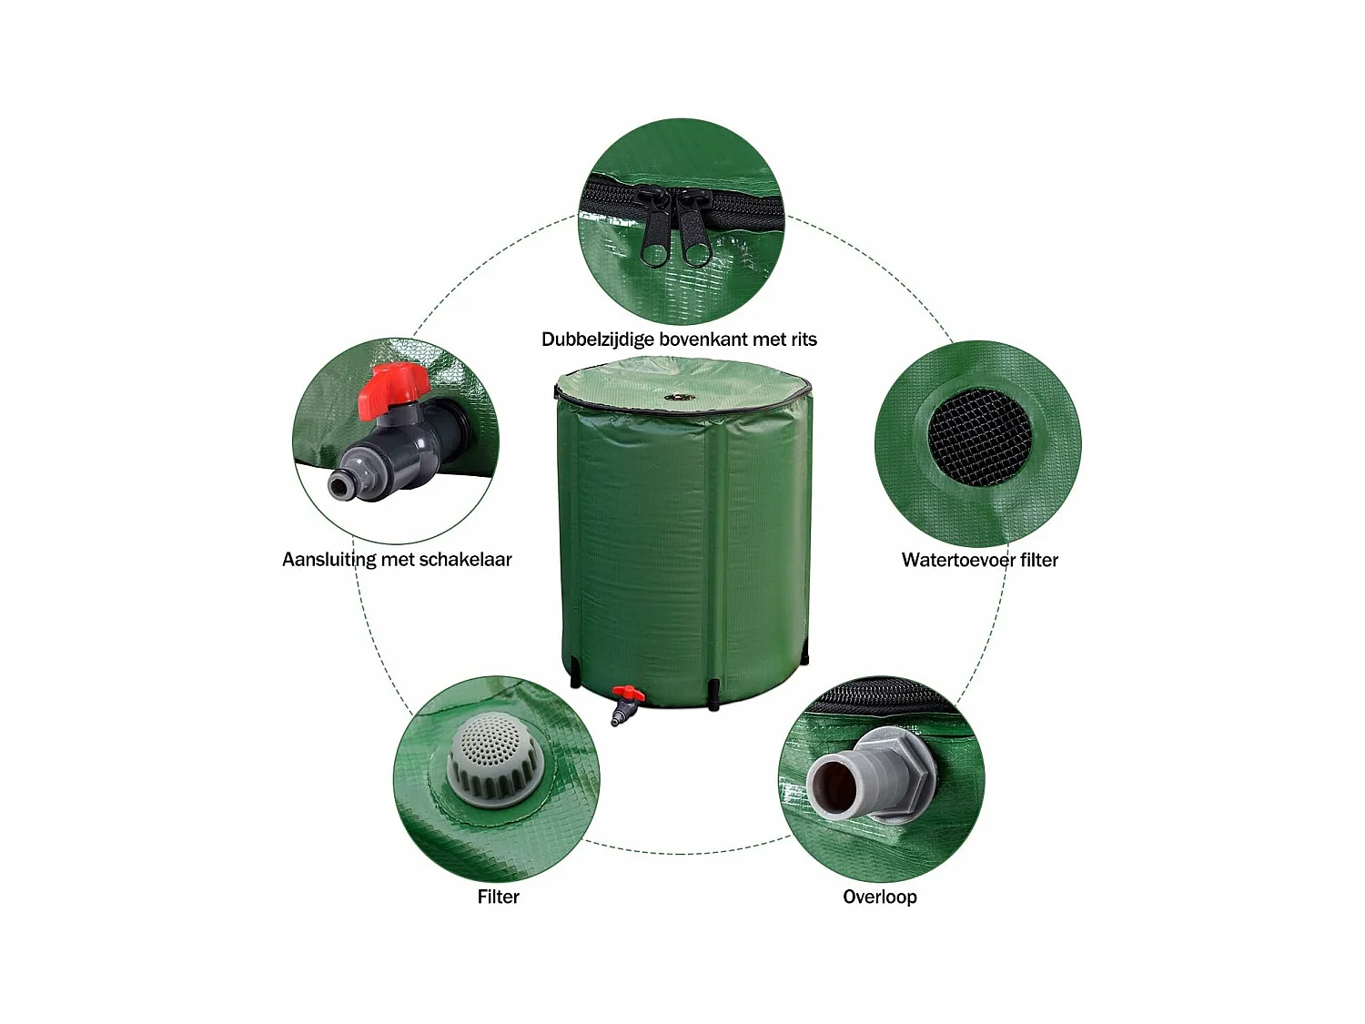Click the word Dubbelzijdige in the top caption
tap(597, 340)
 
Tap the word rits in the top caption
tap(804, 340)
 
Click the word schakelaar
tap(465, 560)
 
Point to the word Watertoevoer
tap(958, 560)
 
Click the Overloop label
tap(880, 897)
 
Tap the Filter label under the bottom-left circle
tap(499, 897)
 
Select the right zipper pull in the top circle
tap(693, 232)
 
